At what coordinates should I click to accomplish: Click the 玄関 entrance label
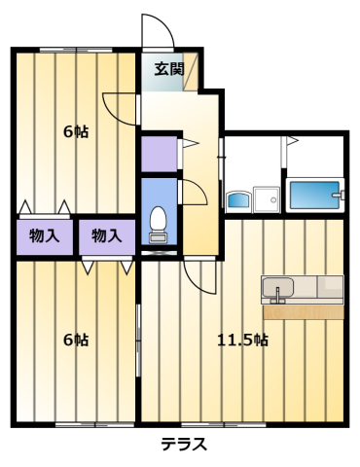point(168,69)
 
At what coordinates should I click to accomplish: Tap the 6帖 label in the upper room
point(76,131)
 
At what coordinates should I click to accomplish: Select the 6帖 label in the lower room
point(76,340)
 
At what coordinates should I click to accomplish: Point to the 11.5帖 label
point(242,340)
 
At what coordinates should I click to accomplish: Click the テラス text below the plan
point(183,446)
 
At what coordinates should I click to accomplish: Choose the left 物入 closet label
point(44,234)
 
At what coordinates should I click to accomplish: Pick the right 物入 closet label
point(106,234)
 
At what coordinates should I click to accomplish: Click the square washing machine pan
point(266,198)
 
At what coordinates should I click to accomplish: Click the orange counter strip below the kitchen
point(303,312)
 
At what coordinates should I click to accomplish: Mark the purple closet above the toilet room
point(158,154)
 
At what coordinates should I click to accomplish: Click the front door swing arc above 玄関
point(156,29)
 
